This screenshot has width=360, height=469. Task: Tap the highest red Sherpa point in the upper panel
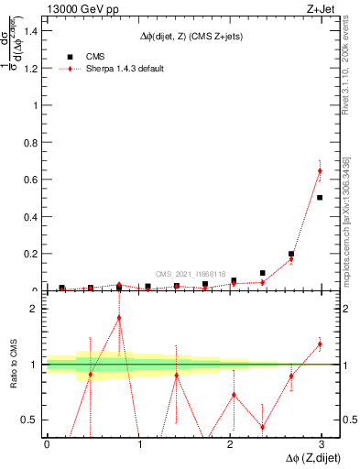coord(320,171)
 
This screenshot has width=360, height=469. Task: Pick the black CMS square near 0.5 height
coord(320,197)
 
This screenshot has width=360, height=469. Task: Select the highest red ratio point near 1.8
coord(119,318)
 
